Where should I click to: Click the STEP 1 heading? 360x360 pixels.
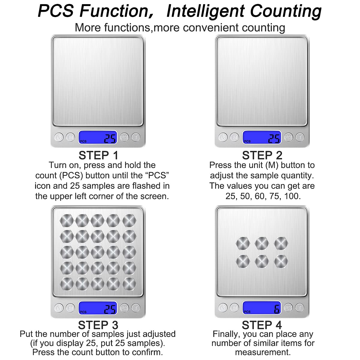pyautogui.click(x=98, y=155)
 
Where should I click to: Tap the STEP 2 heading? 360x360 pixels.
pyautogui.click(x=262, y=155)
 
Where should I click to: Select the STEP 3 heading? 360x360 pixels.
pyautogui.click(x=98, y=325)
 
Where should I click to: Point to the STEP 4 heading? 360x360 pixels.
pyautogui.click(x=262, y=325)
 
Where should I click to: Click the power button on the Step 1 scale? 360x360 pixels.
pyautogui.click(x=59, y=137)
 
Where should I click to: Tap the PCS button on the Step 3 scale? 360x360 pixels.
pyautogui.click(x=124, y=308)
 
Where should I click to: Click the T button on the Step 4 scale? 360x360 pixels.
pyautogui.click(x=300, y=307)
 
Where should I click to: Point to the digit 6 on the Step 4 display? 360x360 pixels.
pyautogui.click(x=277, y=309)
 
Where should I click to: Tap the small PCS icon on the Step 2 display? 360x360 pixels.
pyautogui.click(x=247, y=141)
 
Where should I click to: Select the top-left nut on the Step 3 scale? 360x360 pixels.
pyautogui.click(x=67, y=220)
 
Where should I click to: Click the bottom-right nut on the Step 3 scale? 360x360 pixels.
pyautogui.click(x=129, y=284)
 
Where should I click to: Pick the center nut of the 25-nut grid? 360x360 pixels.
pyautogui.click(x=97, y=252)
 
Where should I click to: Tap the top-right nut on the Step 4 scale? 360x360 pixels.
pyautogui.click(x=281, y=243)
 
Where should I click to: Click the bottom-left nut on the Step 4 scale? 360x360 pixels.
pyautogui.click(x=243, y=261)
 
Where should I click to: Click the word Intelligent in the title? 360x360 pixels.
pyautogui.click(x=205, y=11)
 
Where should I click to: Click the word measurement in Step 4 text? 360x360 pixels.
pyautogui.click(x=263, y=352)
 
